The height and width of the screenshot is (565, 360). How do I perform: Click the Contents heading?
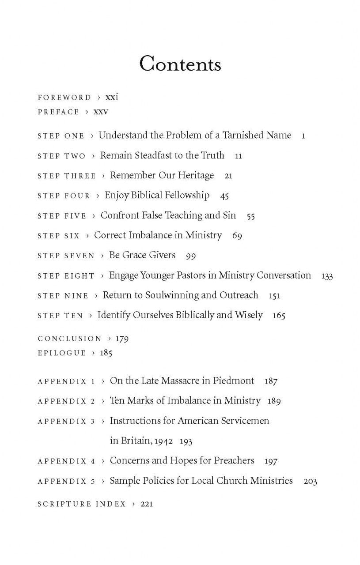tap(180, 64)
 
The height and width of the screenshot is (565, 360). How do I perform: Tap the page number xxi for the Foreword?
tap(112, 97)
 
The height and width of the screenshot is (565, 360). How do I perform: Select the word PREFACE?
tap(58, 112)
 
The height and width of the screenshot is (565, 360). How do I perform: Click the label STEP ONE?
tap(61, 136)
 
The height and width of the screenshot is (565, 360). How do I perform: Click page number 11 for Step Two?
tap(239, 156)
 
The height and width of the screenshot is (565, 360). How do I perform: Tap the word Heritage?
tap(194, 175)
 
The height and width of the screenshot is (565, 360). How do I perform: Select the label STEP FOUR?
tap(64, 196)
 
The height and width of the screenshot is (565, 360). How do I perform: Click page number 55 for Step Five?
tap(250, 216)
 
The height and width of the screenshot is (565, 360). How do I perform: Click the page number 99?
tap(191, 256)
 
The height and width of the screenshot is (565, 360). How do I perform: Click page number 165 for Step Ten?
tap(279, 316)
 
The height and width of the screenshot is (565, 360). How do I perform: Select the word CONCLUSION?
tap(70, 339)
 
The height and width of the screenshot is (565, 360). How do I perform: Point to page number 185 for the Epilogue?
tap(106, 353)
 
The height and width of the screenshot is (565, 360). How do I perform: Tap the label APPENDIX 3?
tap(66, 422)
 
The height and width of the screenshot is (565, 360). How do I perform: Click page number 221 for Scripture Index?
tap(146, 504)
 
